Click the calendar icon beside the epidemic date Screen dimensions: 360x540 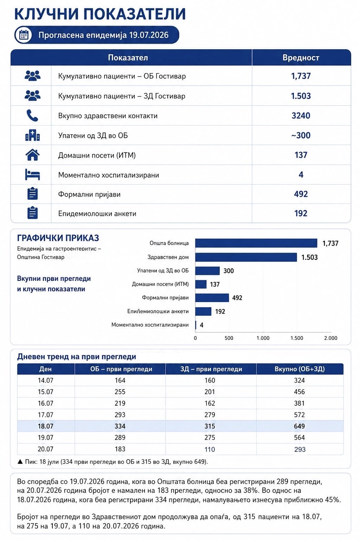click(24, 35)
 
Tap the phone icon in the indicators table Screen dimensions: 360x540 click(32, 115)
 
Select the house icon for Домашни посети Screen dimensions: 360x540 click(33, 155)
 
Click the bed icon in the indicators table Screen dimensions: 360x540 click(33, 174)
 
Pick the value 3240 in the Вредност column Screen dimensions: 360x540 click(301, 116)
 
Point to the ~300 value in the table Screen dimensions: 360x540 click(301, 135)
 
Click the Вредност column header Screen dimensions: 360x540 click(301, 58)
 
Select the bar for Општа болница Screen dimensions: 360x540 click(256, 243)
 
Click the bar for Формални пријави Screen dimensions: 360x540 click(212, 298)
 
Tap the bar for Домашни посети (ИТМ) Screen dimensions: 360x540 click(201, 284)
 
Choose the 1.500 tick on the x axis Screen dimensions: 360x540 click(297, 338)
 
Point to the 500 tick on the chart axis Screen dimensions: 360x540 click(229, 338)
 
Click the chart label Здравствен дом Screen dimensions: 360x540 click(168, 257)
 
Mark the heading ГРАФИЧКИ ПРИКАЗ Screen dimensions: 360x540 click(58, 238)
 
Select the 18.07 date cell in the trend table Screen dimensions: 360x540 click(45, 426)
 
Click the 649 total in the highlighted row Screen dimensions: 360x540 click(300, 426)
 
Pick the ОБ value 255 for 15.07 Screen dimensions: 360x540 click(120, 392)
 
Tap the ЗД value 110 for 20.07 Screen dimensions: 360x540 click(210, 449)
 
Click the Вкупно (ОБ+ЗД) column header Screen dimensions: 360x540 click(300, 369)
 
